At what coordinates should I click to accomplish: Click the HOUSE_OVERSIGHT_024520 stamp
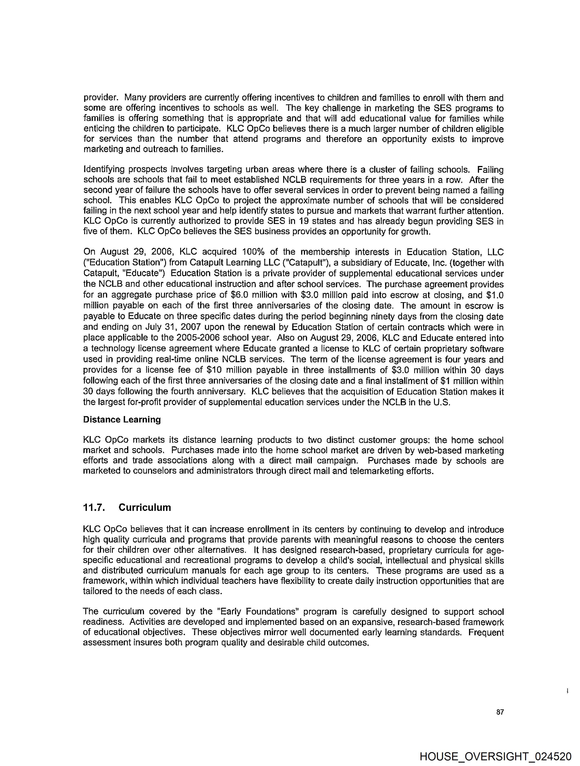coord(495,756)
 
